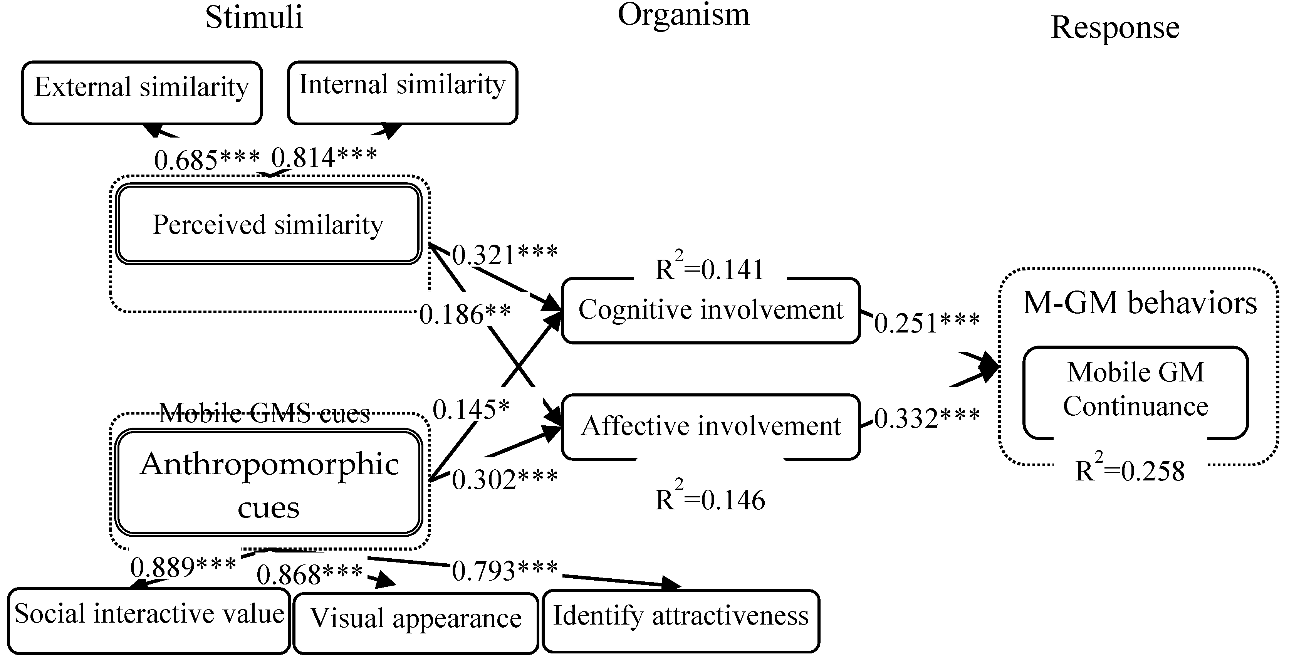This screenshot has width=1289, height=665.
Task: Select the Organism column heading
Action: click(683, 15)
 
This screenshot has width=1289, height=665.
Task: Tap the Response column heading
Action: click(1115, 27)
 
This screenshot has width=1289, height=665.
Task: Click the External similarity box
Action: click(142, 92)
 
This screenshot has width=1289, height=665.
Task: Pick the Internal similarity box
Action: click(402, 92)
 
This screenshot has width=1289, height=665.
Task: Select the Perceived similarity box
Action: click(268, 225)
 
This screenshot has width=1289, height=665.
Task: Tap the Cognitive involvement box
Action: click(710, 310)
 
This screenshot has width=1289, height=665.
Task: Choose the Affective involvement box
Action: click(710, 427)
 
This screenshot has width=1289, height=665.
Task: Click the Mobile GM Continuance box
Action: click(1135, 390)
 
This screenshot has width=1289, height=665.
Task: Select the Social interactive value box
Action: click(149, 620)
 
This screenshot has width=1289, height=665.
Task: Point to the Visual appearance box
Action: click(416, 623)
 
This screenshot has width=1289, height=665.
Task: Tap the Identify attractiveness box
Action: click(681, 620)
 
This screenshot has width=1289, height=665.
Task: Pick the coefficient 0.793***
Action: click(504, 571)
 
